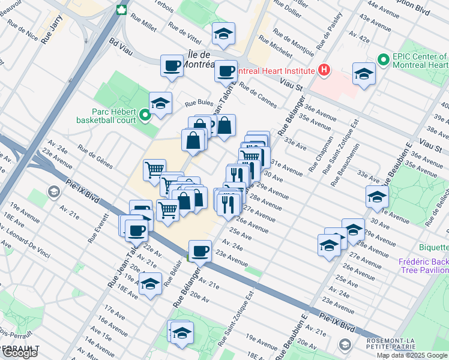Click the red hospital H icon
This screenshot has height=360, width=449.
[325, 70]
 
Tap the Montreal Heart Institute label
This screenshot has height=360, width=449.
[276, 71]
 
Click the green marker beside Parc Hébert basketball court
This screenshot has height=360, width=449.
[144, 115]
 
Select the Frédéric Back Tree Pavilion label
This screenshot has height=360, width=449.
[424, 266]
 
